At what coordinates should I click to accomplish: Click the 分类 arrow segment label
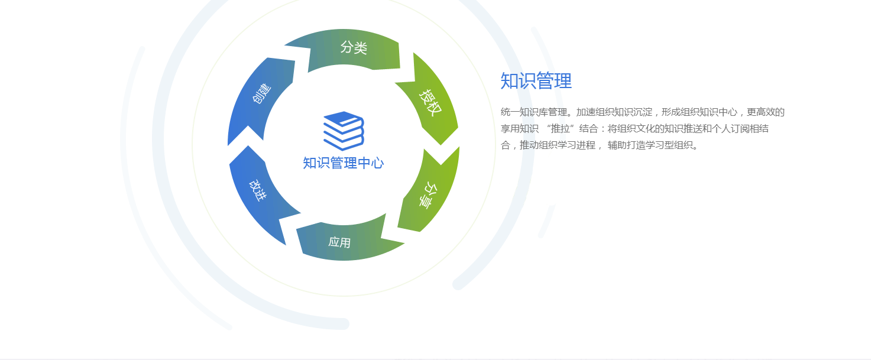pyautogui.click(x=354, y=47)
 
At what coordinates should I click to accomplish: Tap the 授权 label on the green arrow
pyautogui.click(x=430, y=103)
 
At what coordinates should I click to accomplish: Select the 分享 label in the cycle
pyautogui.click(x=428, y=195)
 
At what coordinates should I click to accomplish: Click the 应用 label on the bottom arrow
pyautogui.click(x=339, y=242)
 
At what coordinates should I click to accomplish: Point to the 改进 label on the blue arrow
pyautogui.click(x=258, y=190)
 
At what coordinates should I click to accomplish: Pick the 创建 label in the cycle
pyautogui.click(x=262, y=93)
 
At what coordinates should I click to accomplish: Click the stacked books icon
pyautogui.click(x=344, y=131)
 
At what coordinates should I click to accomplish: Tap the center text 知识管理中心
pyautogui.click(x=344, y=163)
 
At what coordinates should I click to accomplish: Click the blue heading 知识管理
pyautogui.click(x=536, y=81)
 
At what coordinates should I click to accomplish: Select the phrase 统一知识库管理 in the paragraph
pyautogui.click(x=533, y=112)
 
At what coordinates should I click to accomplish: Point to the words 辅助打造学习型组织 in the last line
pyautogui.click(x=650, y=145)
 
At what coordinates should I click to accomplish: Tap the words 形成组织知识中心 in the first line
pyautogui.click(x=699, y=112)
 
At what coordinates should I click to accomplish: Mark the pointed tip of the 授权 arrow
pyautogui.click(x=441, y=145)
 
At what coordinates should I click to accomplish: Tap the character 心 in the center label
pyautogui.click(x=377, y=163)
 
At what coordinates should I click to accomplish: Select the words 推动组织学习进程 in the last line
pyautogui.click(x=558, y=145)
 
